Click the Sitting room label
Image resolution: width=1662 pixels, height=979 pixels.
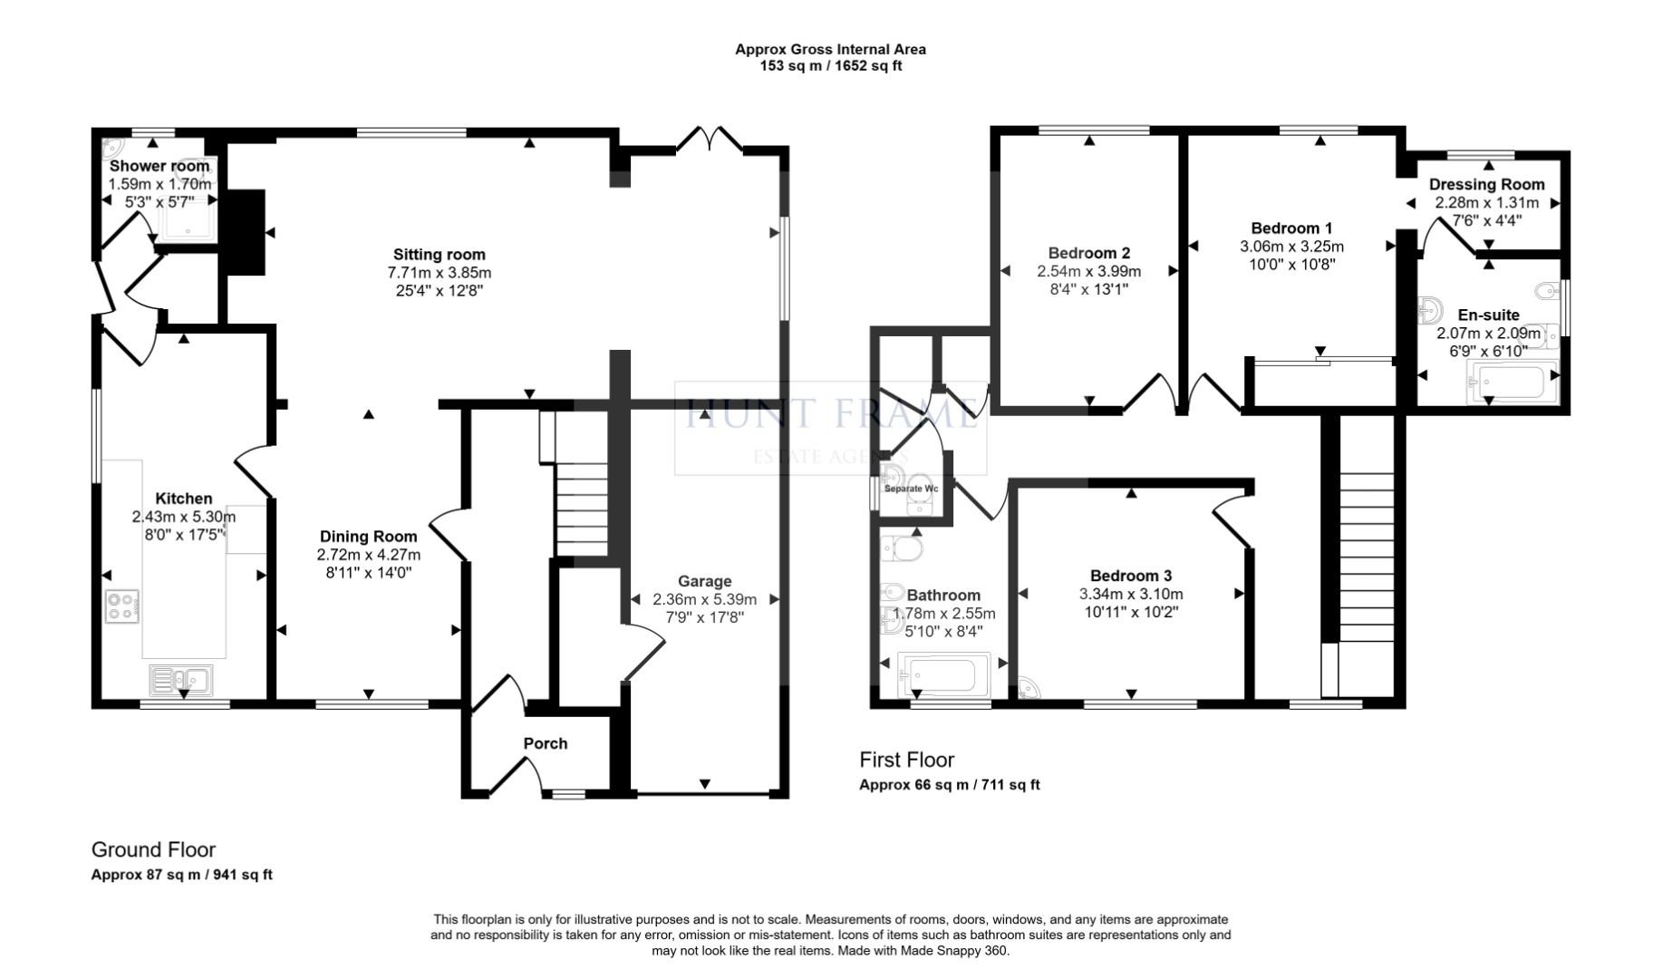pos(439,255)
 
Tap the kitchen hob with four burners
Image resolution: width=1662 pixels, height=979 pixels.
pos(121,606)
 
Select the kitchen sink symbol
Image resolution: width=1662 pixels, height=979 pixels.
pos(181,679)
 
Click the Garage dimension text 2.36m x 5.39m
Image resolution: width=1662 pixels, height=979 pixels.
pos(704,599)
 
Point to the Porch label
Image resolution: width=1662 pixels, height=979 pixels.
pos(546,743)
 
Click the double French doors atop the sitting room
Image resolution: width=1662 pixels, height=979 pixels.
pos(710,140)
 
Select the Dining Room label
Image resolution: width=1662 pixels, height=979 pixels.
pos(368,537)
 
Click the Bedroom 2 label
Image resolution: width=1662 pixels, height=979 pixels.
pos(1088,253)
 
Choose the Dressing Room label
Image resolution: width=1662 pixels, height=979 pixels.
pos(1486,184)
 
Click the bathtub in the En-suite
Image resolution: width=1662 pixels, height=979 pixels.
pos(1511,383)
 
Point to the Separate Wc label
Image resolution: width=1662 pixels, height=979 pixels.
pos(911,489)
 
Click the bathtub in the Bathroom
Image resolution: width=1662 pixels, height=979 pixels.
pos(942,675)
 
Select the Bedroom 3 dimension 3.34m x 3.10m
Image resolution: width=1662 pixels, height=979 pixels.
pos(1130,595)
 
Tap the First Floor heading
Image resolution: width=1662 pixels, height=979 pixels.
pos(906,760)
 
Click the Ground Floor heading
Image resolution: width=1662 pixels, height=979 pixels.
pos(153,849)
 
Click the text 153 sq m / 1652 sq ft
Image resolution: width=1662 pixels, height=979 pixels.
pos(830,66)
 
